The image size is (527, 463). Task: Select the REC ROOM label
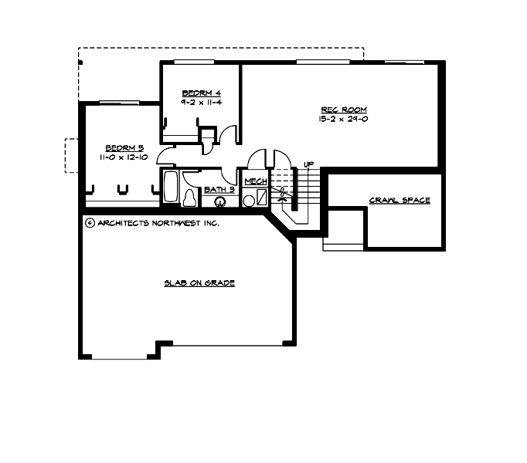coord(343,110)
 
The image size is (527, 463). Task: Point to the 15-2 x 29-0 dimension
coord(343,119)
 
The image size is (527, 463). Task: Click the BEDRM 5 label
coord(124,147)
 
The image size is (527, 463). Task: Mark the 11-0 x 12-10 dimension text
coord(124,157)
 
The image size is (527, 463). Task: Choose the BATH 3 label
coord(219,189)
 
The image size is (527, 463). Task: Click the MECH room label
coord(256,181)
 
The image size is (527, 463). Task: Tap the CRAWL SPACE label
coord(399,201)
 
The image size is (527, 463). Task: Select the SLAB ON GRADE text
coord(199,283)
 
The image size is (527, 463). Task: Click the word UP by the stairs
coord(308,164)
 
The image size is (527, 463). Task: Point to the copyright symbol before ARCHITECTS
coord(90,223)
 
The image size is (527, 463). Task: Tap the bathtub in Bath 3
coord(171,187)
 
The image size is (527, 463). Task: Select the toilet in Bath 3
coord(191,198)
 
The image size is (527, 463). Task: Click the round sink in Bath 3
coord(220,202)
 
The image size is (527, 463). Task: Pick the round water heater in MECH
coord(250,200)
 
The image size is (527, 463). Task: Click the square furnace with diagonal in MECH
coord(263,197)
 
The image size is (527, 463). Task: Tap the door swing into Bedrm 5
coord(166,157)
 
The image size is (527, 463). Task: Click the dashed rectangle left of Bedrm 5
coord(70,155)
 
